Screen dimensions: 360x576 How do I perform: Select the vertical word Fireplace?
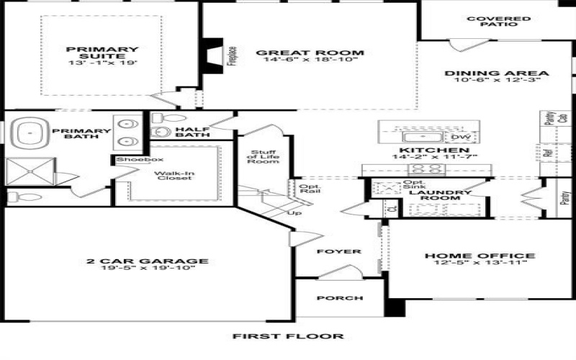pos(232,57)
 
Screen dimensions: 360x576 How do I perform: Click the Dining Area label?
pos(497,73)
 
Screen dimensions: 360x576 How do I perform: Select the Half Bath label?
pos(192,132)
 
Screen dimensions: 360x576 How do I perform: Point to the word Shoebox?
pos(130,159)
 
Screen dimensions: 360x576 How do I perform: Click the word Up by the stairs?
pos(294,213)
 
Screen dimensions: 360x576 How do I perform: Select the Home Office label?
pos(480,256)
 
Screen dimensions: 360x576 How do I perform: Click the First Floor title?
pos(288,336)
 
